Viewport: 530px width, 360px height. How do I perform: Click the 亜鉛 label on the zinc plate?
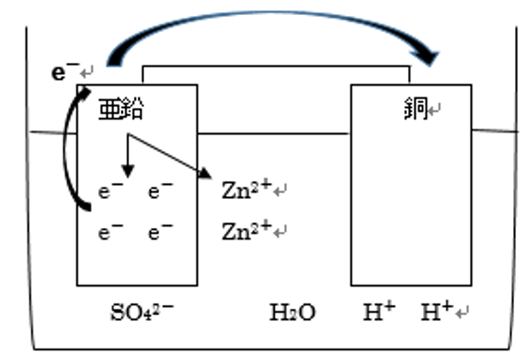[121, 109]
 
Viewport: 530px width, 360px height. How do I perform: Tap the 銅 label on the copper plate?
[416, 109]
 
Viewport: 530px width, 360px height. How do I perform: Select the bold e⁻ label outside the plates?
[65, 72]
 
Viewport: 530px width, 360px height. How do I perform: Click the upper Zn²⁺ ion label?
[247, 189]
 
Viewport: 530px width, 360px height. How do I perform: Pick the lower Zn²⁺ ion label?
[247, 230]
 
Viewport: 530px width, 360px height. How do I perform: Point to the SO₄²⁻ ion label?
[142, 312]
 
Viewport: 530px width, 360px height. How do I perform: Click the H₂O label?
[292, 312]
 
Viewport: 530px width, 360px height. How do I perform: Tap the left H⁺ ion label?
[380, 311]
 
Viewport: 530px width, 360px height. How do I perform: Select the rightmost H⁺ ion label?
[437, 311]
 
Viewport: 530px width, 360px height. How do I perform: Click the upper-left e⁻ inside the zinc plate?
[111, 191]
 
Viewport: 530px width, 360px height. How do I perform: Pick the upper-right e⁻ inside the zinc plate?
[160, 191]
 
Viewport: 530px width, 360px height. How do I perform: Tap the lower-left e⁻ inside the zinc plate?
[111, 232]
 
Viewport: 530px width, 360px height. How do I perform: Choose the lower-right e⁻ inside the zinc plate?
[160, 232]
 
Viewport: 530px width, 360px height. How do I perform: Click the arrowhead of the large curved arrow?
[426, 57]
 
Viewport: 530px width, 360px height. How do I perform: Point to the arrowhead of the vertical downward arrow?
[127, 171]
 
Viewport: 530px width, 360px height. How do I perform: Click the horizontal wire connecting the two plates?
[276, 66]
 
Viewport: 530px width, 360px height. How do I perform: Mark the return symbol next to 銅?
[434, 110]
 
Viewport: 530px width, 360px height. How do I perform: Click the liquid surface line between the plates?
[273, 134]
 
